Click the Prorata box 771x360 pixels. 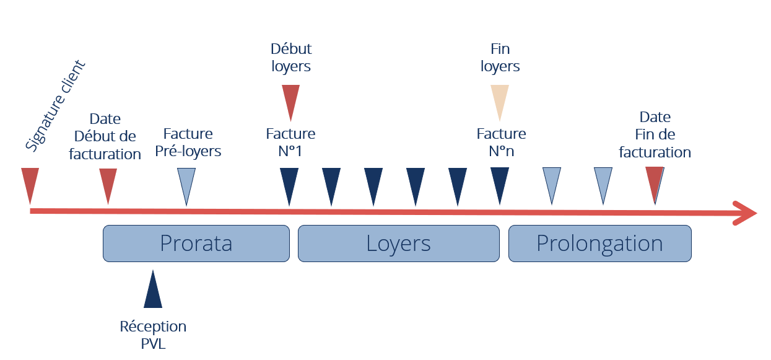(x=196, y=243)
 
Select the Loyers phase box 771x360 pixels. (x=398, y=243)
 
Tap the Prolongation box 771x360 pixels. (x=599, y=243)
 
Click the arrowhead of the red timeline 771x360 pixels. (x=746, y=213)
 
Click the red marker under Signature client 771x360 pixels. (x=30, y=183)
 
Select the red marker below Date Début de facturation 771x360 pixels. (x=108, y=183)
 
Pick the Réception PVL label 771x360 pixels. (x=153, y=335)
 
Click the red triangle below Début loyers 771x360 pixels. (x=290, y=100)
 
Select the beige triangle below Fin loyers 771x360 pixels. (x=500, y=100)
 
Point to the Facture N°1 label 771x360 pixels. (x=290, y=142)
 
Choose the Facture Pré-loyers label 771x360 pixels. (x=188, y=142)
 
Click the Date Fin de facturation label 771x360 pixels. (x=655, y=134)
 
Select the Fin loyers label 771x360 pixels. (x=500, y=57)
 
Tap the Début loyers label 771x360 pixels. (x=291, y=57)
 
